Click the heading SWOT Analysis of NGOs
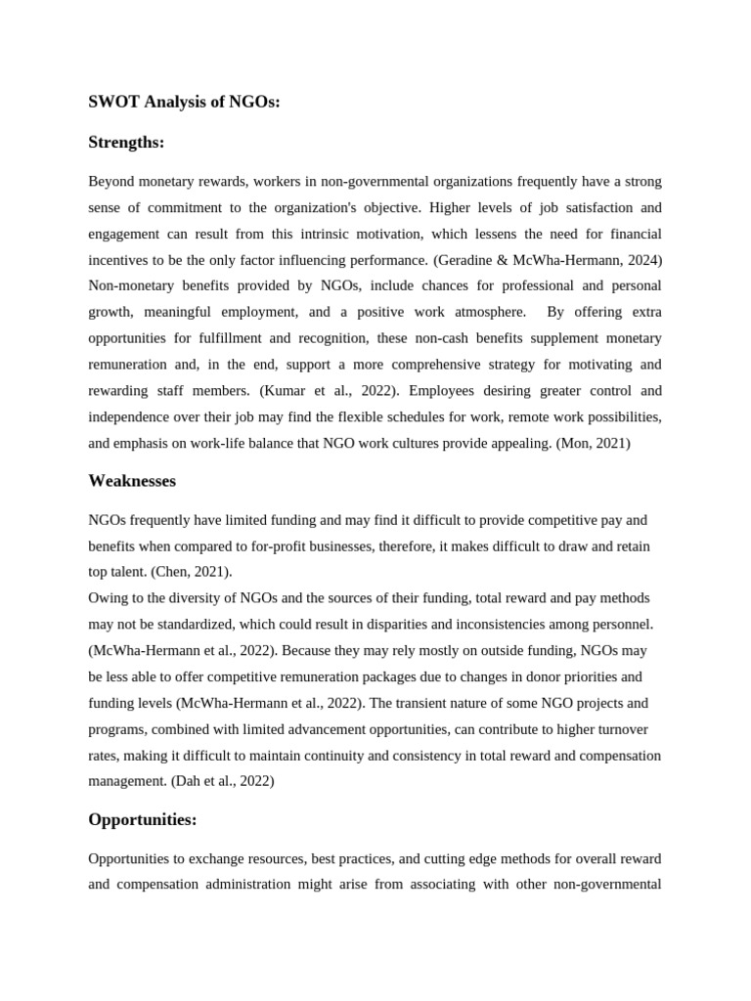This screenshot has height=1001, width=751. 184,101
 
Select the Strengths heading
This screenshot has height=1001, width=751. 126,143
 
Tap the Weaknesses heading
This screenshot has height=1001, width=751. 132,480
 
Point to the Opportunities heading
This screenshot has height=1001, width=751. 142,819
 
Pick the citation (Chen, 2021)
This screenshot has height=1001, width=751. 191,571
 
